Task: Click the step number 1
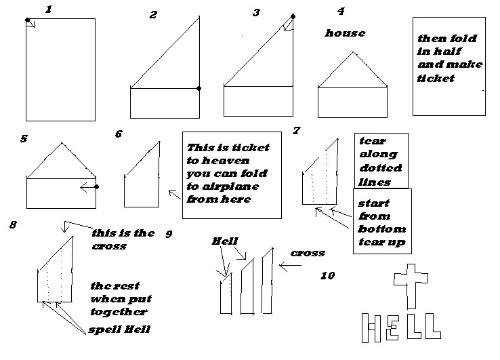click(x=48, y=9)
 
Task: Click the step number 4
click(x=340, y=11)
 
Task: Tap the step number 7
click(x=296, y=130)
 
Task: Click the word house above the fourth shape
click(x=345, y=33)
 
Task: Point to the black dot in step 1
click(x=27, y=20)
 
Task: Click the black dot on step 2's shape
click(x=199, y=88)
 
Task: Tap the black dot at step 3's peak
click(x=293, y=15)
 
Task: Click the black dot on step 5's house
click(x=97, y=186)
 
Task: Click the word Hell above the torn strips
click(x=224, y=241)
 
